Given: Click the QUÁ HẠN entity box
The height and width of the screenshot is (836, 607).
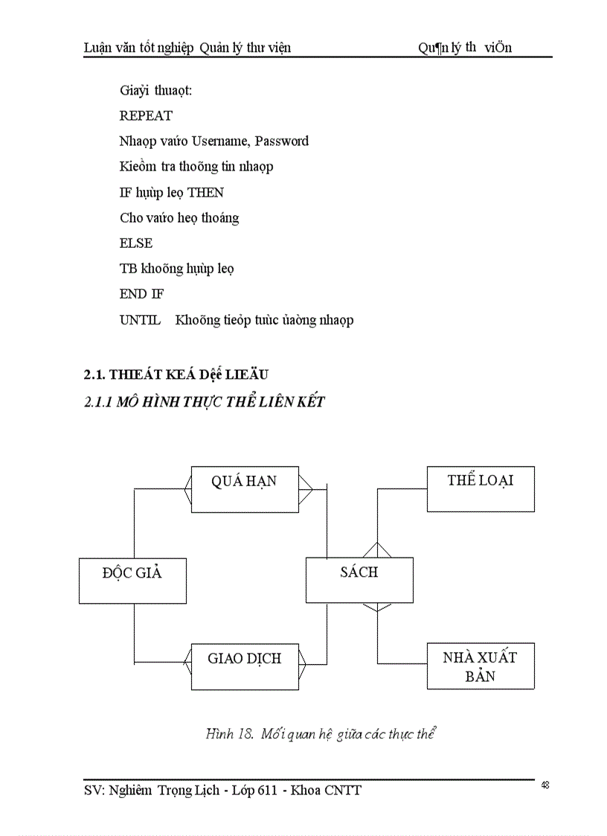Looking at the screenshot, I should (245, 489).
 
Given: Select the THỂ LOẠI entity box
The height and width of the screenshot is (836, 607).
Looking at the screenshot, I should (481, 489).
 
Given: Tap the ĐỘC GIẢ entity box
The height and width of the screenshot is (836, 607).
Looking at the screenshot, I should (132, 581).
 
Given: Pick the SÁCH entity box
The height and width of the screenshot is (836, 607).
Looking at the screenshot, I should (359, 581).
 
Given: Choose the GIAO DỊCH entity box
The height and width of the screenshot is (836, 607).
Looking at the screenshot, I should (245, 666).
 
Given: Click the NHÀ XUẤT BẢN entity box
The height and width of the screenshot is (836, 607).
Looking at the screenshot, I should (481, 666).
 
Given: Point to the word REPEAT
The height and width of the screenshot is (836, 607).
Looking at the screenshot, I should (146, 115).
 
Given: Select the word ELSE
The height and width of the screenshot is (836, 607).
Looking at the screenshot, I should (136, 243).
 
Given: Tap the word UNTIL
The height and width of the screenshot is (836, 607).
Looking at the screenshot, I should (140, 320).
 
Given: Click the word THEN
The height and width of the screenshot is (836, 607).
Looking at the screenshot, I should (205, 192).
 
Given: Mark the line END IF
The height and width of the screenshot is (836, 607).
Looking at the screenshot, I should (142, 294).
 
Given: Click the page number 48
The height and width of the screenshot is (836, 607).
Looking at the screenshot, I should (545, 785).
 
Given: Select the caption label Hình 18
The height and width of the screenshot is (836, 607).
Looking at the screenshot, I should (231, 734).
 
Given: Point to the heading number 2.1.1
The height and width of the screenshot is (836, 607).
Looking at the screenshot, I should (97, 403).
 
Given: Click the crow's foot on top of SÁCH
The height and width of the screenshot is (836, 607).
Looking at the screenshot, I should (378, 550).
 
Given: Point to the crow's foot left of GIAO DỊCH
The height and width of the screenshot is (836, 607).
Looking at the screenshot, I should (187, 659).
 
